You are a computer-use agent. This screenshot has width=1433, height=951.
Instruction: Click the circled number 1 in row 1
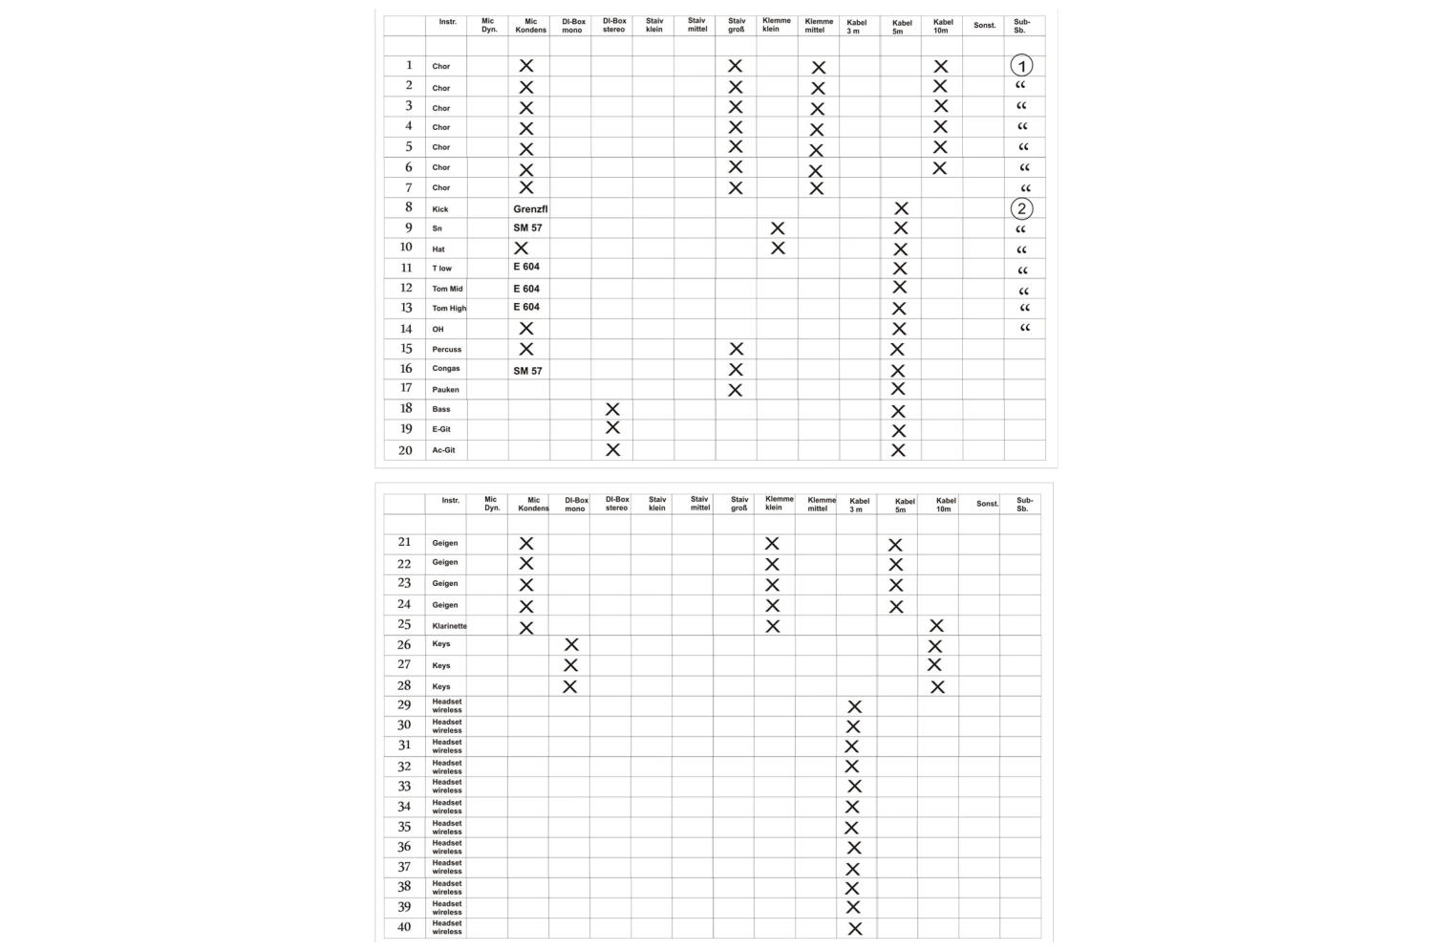[x=1021, y=66]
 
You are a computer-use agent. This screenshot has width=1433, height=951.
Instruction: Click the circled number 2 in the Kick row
[x=1021, y=208]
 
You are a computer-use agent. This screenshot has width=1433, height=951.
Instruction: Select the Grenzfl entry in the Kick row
[x=530, y=208]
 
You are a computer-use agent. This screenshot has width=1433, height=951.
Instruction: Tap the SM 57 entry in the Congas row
[x=527, y=371]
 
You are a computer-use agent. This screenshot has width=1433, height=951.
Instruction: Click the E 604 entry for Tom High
[x=526, y=307]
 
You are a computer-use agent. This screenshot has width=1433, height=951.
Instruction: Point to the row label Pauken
[x=445, y=389]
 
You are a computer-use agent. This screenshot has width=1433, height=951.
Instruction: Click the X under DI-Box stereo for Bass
[x=612, y=409]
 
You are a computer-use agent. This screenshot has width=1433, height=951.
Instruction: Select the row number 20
[x=405, y=450]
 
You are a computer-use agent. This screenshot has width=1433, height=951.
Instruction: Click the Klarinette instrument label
[x=449, y=626]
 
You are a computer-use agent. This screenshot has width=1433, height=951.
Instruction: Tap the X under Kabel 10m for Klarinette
[x=936, y=626]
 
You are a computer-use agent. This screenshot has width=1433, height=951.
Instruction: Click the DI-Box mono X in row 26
[x=571, y=645]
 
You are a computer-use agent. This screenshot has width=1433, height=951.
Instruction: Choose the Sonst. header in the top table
[x=984, y=26]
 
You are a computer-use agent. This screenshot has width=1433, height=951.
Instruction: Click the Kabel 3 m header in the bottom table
[x=858, y=505]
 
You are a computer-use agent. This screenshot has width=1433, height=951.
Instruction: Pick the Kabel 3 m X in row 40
[x=855, y=928]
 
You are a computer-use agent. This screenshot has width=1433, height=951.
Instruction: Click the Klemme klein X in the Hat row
[x=778, y=249]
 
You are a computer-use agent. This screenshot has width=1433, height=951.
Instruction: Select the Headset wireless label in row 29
[x=446, y=705]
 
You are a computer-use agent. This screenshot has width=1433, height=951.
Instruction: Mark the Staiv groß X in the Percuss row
[x=736, y=349]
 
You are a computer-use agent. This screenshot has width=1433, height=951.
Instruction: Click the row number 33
[x=404, y=787]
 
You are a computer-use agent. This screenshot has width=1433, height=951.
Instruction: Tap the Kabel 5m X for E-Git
[x=898, y=430]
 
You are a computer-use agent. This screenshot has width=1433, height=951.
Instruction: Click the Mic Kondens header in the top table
[x=531, y=26]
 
